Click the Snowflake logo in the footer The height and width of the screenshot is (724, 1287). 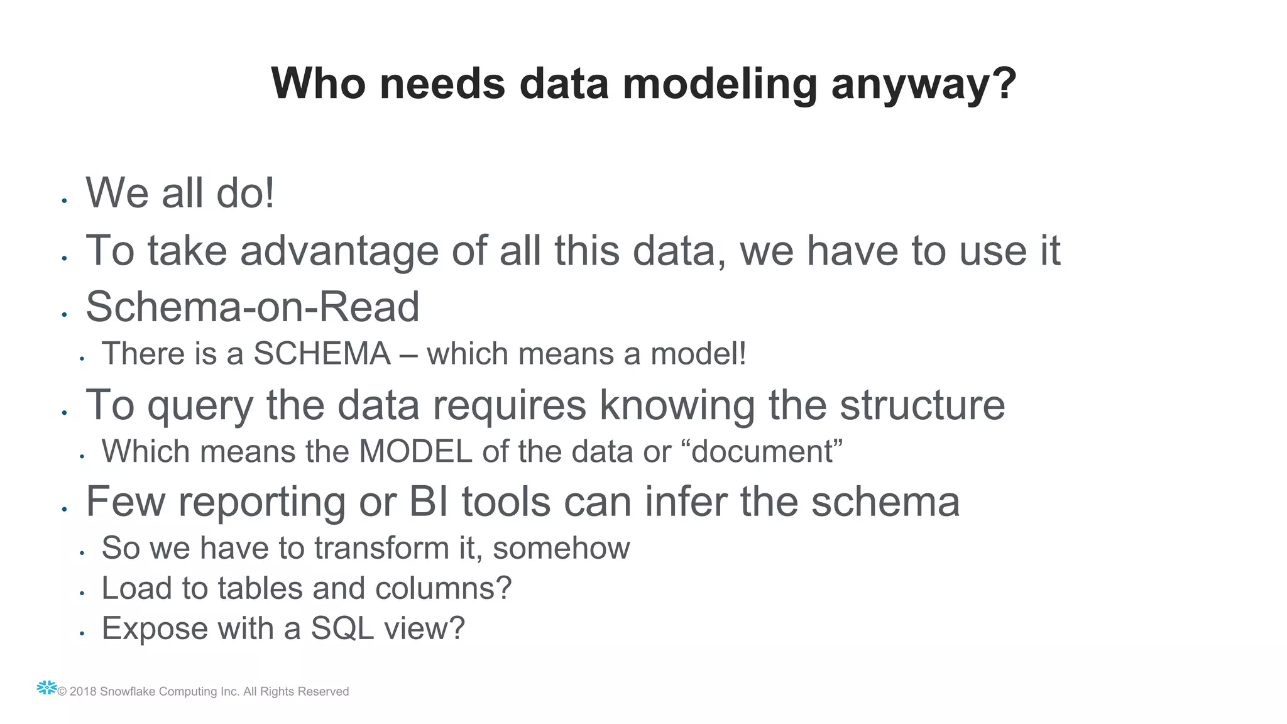tap(47, 688)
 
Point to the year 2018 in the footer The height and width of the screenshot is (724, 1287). tap(83, 691)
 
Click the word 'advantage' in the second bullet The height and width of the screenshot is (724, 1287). tap(339, 251)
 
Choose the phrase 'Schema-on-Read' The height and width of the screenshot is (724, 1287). tap(253, 307)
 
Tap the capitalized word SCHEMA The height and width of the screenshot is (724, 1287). tap(322, 353)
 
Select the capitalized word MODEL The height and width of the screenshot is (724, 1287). tap(415, 451)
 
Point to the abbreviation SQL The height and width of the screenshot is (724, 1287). tap(342, 628)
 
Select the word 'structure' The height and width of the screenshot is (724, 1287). tap(923, 405)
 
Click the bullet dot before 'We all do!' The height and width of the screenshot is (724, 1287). tap(64, 201)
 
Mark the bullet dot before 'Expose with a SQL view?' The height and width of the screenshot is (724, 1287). tap(82, 633)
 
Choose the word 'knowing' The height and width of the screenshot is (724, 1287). tap(677, 405)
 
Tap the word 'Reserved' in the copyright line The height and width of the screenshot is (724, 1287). tap(322, 691)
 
